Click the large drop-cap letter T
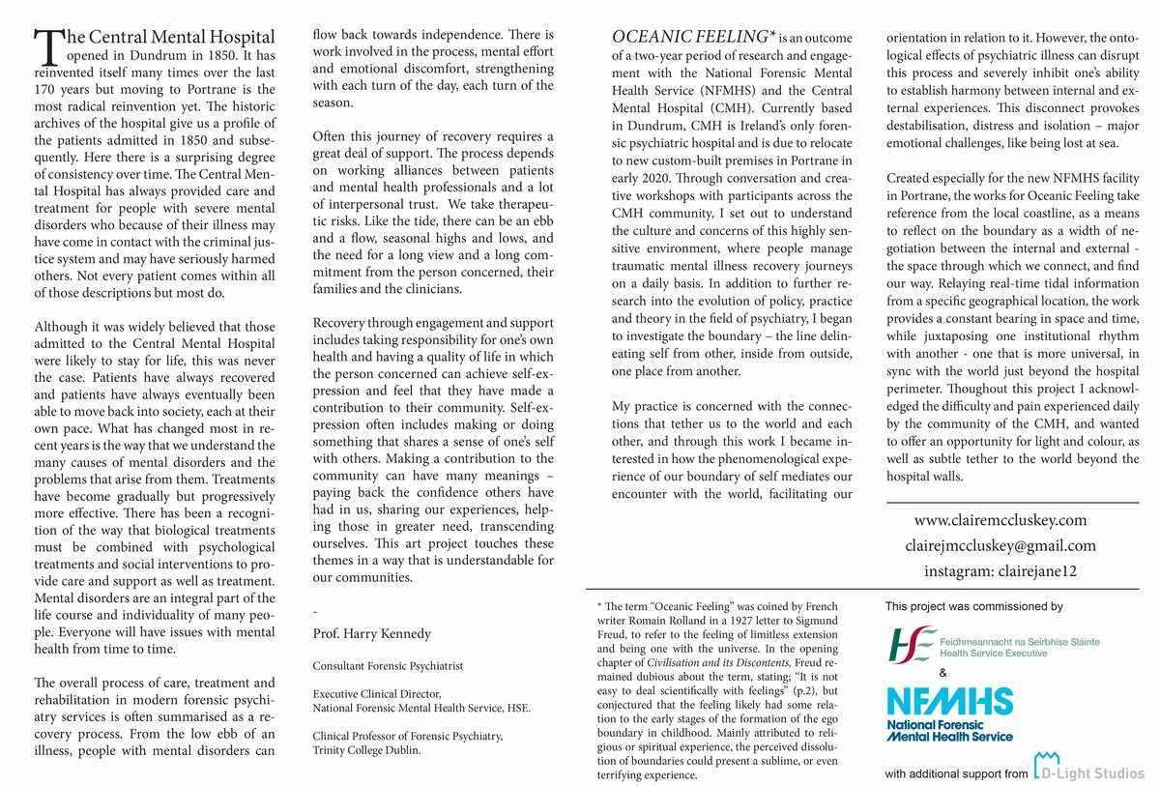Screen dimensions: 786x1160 coord(46,47)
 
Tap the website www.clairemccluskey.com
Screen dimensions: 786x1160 coord(1000,519)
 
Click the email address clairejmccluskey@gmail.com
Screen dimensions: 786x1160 coord(1000,545)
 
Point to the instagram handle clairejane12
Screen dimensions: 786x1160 coord(1000,571)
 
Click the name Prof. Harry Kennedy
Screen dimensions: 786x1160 coord(372,633)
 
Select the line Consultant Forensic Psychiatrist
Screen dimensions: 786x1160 coord(388,666)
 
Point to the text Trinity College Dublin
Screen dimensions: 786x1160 coord(366,749)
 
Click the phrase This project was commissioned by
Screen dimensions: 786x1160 coord(973,607)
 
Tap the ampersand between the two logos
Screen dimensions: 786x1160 coord(943,673)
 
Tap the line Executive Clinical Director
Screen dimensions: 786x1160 coord(377,693)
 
